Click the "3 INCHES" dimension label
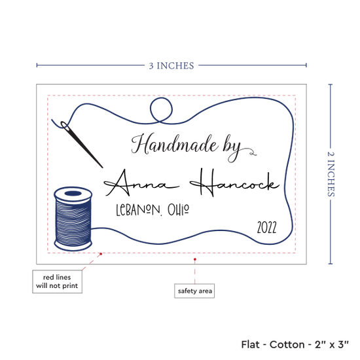point(171,66)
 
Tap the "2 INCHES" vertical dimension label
point(331,174)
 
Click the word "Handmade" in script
point(175,145)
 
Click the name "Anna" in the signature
point(141,183)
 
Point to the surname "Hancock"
point(234,183)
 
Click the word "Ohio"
point(178,209)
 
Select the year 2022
point(266,228)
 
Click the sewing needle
point(82,144)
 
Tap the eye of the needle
point(64,125)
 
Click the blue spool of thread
point(73,219)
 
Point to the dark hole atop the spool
point(73,193)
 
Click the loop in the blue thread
point(161,110)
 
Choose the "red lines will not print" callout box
point(57,281)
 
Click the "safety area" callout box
point(194,291)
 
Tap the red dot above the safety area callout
point(194,259)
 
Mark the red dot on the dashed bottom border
point(101,254)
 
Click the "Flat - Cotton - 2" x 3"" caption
point(295,344)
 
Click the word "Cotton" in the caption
point(287,344)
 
